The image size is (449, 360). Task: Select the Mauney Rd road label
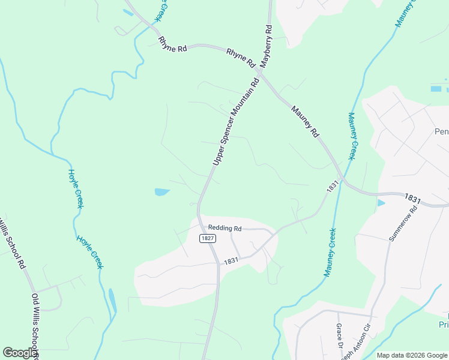click(304, 122)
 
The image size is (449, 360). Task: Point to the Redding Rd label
click(224, 228)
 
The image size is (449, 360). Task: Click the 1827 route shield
click(208, 238)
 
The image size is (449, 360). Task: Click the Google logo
click(20, 353)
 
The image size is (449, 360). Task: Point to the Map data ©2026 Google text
click(411, 355)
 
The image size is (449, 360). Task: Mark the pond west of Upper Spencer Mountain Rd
click(162, 192)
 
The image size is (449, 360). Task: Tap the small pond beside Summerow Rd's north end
click(381, 203)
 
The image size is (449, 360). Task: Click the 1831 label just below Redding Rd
click(232, 262)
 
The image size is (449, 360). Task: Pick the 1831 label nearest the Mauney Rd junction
click(331, 187)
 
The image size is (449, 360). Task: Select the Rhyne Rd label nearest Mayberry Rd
click(241, 58)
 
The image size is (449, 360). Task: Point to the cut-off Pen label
click(441, 131)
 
